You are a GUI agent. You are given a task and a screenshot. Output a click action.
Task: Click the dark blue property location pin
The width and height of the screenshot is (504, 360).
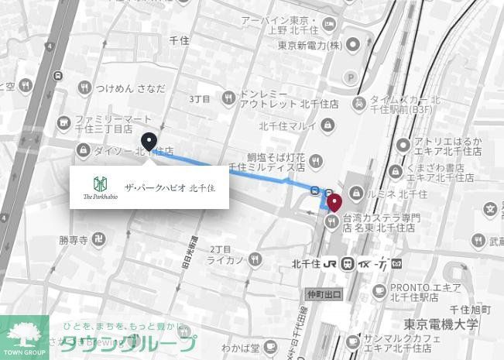tap(149, 142)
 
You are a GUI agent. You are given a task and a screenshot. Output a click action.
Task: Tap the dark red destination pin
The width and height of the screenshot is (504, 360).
tap(334, 203)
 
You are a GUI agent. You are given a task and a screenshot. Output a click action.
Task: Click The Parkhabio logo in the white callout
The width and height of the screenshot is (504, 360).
tap(100, 187)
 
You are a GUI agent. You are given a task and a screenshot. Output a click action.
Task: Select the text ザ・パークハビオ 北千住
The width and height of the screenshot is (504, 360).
tap(170, 188)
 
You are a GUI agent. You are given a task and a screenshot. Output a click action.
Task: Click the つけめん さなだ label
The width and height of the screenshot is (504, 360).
tap(129, 88)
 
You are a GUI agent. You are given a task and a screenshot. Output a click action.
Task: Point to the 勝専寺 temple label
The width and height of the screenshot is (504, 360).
tap(74, 241)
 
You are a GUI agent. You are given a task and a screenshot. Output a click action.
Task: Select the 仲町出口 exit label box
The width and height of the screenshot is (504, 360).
tap(324, 295)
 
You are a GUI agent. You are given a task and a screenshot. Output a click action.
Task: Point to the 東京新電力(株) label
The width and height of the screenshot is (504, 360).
tap(310, 46)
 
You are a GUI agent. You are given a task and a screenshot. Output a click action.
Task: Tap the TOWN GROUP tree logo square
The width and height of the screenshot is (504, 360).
tap(24, 338)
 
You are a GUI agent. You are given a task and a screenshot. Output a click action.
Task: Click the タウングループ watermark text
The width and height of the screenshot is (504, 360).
tap(128, 343)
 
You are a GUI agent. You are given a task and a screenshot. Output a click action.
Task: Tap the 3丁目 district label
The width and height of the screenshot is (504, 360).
tap(200, 100)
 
